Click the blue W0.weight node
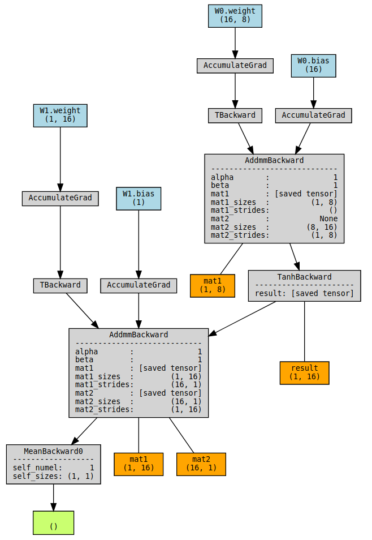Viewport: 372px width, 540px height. point(235,15)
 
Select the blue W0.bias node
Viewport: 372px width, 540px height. point(313,65)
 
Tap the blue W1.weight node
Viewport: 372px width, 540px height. point(60,115)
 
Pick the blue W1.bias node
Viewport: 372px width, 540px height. point(139,198)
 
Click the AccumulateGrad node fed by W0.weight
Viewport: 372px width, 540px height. point(235,65)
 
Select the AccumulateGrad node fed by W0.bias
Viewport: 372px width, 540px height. point(313,115)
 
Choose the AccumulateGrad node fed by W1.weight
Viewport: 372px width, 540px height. point(60,198)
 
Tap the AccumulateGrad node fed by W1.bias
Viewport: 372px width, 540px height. point(139,285)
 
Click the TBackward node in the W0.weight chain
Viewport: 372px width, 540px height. point(235,115)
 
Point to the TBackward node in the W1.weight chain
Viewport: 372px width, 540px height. point(60,285)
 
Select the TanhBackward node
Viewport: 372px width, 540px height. point(304,285)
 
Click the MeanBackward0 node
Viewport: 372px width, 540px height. point(54,464)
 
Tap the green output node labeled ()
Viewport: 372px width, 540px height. point(54,522)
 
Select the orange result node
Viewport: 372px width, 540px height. point(304,372)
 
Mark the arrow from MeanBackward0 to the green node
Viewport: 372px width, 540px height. point(54,497)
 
